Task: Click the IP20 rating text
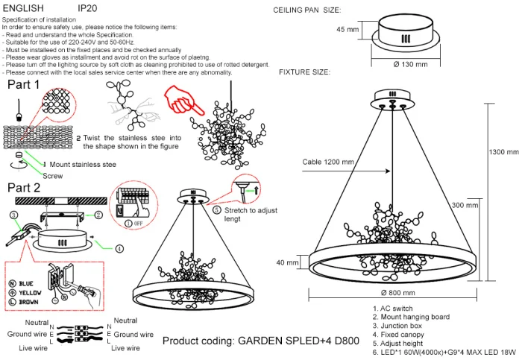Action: [x=87, y=7]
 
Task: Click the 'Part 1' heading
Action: [x=23, y=85]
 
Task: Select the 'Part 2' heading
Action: [x=23, y=188]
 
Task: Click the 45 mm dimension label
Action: [x=347, y=30]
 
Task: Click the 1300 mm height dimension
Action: [x=503, y=152]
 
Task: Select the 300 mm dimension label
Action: [x=464, y=204]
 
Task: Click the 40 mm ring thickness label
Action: [x=287, y=262]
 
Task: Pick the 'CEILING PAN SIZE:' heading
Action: [x=307, y=10]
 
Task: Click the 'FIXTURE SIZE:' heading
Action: [x=304, y=72]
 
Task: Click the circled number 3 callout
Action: [x=13, y=215]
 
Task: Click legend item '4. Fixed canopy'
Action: [x=400, y=334]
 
